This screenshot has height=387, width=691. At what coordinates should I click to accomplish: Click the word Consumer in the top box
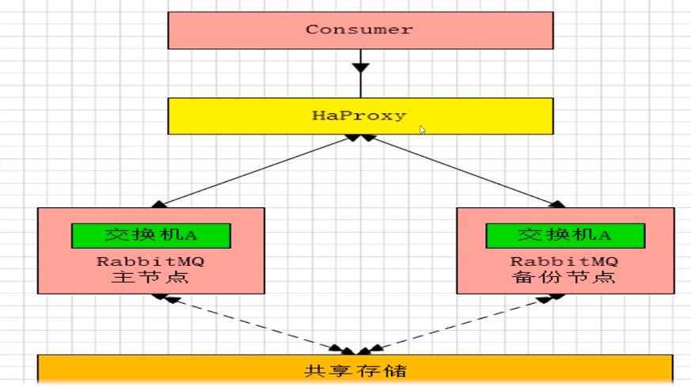359,29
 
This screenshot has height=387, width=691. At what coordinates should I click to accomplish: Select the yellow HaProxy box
237,116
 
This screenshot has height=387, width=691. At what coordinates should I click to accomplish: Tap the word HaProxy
359,116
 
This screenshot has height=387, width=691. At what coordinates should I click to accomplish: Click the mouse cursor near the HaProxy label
423,130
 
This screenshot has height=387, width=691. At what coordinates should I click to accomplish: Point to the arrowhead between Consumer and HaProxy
360,66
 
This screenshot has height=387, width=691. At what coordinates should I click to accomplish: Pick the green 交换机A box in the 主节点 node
150,235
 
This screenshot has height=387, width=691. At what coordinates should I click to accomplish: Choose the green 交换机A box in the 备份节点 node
564,235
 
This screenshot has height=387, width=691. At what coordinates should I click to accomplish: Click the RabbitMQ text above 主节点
150,261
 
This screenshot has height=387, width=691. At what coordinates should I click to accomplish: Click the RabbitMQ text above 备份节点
564,261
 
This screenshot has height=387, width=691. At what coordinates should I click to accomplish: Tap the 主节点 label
150,278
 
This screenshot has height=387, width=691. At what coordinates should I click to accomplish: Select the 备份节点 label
564,278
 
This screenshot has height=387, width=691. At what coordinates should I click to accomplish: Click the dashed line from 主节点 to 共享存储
253,324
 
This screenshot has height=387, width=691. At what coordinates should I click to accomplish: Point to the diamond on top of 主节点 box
159,204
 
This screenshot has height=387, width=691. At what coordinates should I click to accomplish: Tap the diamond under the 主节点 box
161,298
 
